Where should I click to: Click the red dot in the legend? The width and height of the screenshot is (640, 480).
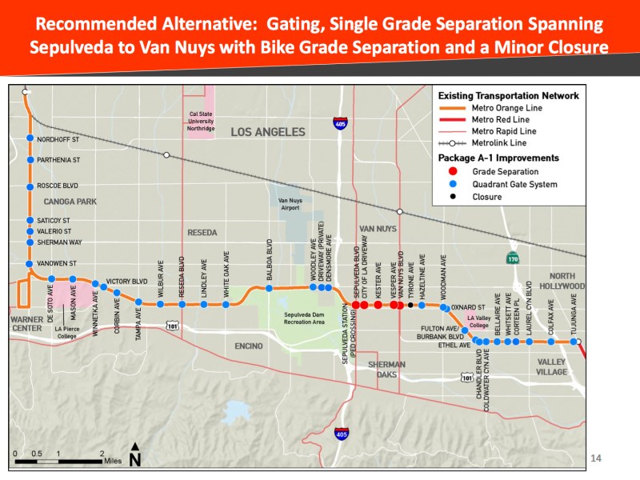click(454, 171)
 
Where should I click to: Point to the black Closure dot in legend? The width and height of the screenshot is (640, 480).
click(454, 197)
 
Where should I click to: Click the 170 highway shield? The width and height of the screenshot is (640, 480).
click(511, 259)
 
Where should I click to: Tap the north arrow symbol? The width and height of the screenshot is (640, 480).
click(135, 455)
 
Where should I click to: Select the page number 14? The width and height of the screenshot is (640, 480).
click(594, 458)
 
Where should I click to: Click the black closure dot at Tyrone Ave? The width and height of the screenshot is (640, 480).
click(410, 305)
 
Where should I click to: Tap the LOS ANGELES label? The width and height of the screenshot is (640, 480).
click(268, 132)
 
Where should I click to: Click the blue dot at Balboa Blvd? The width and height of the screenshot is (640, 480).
click(270, 289)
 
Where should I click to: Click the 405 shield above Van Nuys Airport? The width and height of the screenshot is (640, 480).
click(342, 123)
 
